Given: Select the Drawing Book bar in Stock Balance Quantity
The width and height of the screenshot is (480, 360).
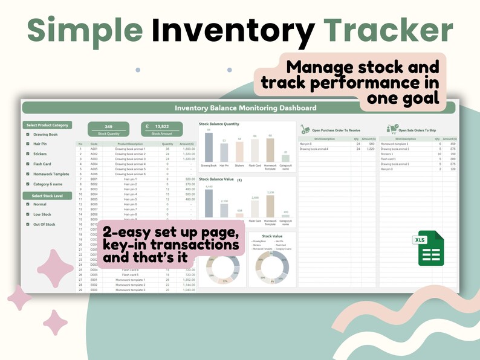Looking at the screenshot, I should point(209,147).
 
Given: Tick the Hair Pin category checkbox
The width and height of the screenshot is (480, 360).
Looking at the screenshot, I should point(27,144).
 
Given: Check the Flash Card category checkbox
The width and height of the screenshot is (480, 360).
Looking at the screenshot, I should point(27,164).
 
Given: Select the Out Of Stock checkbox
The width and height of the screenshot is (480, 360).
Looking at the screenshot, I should point(27,224).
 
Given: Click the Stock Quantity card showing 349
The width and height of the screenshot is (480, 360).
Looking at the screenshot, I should point(108,129).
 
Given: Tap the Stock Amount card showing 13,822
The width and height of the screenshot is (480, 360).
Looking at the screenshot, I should point(161,129).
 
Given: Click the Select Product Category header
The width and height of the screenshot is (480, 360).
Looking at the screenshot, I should point(47,125).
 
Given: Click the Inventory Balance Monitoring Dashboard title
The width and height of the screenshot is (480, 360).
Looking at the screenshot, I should point(245,108).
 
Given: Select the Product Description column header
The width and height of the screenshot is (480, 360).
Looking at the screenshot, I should point(131,144).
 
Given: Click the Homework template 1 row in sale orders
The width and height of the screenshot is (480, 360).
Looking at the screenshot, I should point(395,144).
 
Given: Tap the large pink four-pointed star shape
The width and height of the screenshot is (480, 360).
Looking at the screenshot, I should point(55,266).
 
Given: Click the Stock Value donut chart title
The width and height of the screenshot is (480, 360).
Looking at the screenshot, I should point(272,236).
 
